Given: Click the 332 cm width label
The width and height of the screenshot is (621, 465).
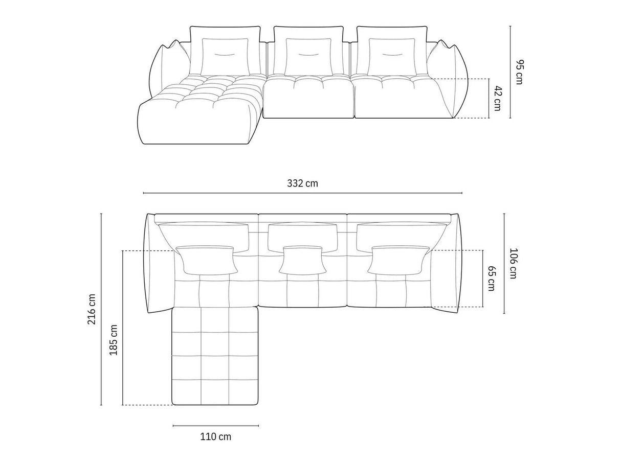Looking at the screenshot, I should tap(302, 183).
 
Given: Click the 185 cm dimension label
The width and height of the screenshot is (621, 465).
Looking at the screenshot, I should tap(114, 340).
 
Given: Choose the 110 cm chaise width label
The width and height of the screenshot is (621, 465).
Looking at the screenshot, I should tap(215, 436).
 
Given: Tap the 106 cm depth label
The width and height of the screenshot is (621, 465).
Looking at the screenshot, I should tap(514, 263).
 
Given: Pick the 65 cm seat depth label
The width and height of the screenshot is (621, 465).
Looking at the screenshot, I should tap(491, 278).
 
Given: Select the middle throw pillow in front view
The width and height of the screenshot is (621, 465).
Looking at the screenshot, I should tap(308, 56).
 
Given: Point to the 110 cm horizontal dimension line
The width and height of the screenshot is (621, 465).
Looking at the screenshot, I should tap(215, 425).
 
